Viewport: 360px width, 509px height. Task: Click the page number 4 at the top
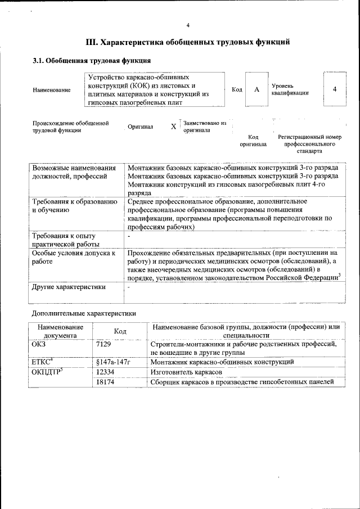(188, 25)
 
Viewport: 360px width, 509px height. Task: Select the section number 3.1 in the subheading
(39, 60)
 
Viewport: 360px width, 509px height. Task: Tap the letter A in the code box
(256, 89)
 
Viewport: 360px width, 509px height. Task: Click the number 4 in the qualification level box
(335, 89)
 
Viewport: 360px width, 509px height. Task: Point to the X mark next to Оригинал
(173, 127)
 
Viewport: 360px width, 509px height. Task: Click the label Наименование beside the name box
(52, 90)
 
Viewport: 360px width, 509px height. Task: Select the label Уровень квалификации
(290, 89)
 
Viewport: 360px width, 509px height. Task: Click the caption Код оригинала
(253, 141)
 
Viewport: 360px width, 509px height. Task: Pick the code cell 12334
(106, 372)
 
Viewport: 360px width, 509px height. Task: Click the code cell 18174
(106, 382)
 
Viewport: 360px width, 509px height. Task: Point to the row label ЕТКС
(42, 362)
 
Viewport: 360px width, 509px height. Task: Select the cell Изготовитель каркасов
(187, 372)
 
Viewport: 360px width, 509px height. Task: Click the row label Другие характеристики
(69, 287)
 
